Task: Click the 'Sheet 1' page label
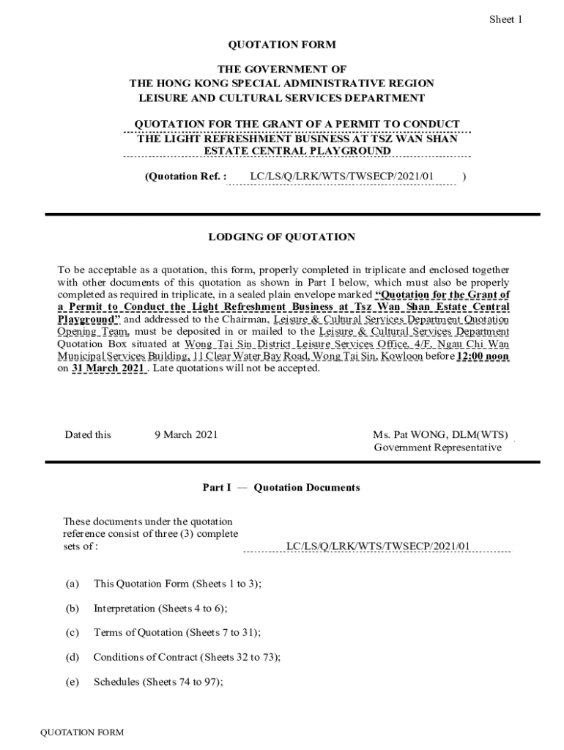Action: click(505, 20)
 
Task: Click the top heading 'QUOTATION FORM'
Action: click(282, 45)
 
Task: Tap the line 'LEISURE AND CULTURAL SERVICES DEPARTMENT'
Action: click(282, 97)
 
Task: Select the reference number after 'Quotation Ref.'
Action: click(342, 177)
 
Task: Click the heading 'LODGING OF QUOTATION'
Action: click(282, 237)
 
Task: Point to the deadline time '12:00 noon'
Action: click(483, 357)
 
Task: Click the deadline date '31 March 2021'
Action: click(109, 368)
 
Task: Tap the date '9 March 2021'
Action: click(185, 435)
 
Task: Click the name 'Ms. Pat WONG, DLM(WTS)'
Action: click(439, 435)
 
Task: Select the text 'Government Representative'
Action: click(437, 448)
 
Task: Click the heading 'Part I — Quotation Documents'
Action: click(281, 488)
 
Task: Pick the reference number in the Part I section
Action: click(378, 546)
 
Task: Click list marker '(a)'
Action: click(72, 584)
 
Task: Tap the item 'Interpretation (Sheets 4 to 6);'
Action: click(160, 608)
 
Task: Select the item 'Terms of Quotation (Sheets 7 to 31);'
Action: click(177, 632)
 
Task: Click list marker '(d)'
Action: click(72, 657)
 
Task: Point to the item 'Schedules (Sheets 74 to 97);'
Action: click(158, 682)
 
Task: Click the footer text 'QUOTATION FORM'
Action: click(82, 732)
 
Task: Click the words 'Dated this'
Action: click(88, 435)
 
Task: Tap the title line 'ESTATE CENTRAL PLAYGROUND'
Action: click(297, 151)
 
